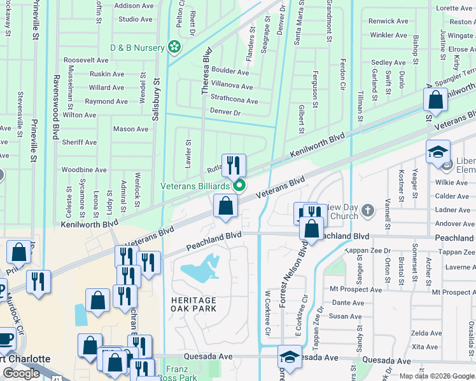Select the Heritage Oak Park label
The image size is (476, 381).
193,304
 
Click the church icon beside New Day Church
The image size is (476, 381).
367,210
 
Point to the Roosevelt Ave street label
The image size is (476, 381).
86,60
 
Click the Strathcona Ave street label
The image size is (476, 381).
234,101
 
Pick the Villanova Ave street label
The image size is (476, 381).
232,87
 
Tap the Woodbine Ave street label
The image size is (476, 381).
84,170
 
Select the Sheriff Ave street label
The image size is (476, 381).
79,143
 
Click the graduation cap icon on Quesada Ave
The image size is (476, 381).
290,357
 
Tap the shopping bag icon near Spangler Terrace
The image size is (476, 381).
436,100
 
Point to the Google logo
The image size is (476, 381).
21,373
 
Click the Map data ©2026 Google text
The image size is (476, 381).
437,376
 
